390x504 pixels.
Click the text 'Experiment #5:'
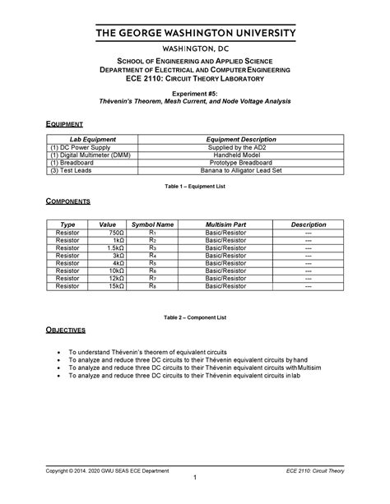[195, 95]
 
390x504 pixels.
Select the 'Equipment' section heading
[62, 123]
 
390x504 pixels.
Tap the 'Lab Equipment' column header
[93, 140]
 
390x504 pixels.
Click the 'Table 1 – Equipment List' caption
[195, 186]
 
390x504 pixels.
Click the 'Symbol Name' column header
[152, 224]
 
